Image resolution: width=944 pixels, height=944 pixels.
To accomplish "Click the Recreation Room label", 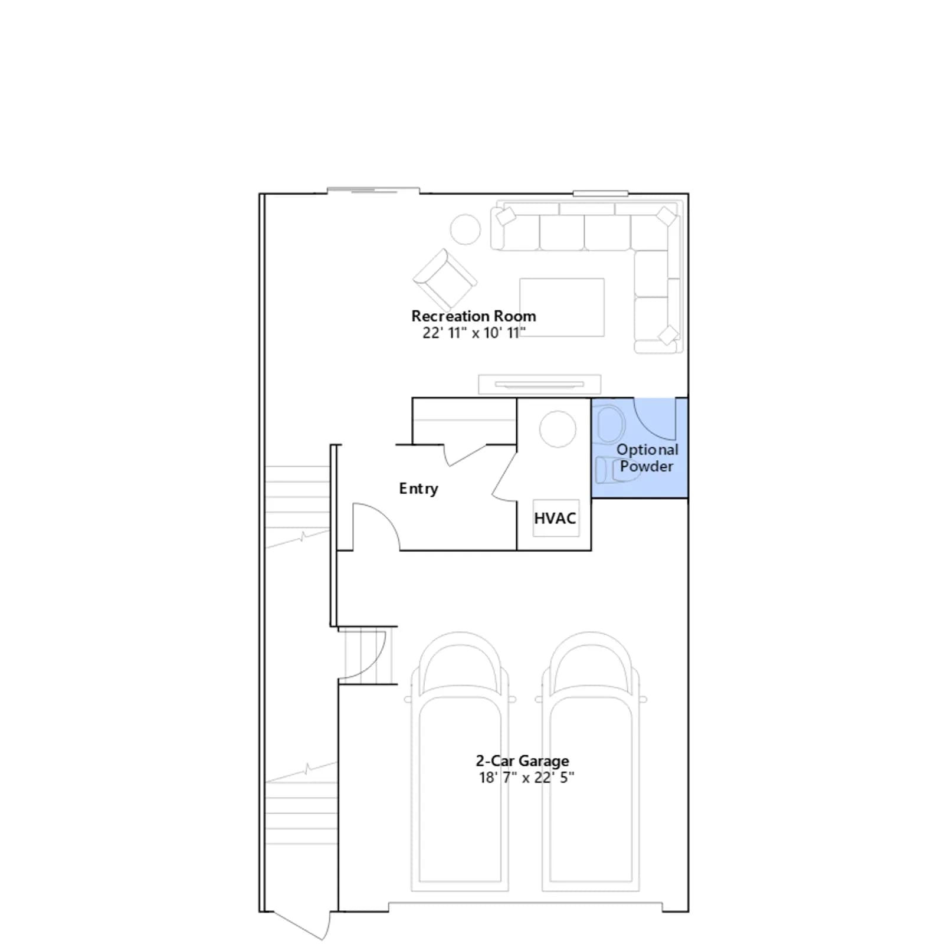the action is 474,316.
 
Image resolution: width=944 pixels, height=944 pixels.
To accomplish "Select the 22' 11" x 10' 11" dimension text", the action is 474,333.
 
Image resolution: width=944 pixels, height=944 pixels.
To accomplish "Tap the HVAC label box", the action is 555,518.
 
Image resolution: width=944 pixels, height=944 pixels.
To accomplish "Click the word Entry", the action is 419,489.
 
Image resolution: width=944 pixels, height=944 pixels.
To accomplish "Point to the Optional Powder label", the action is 647,458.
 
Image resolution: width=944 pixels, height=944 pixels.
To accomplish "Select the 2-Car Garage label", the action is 523,761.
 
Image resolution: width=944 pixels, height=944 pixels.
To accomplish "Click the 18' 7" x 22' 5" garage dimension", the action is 526,778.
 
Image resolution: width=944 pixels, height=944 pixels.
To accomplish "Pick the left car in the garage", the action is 460,761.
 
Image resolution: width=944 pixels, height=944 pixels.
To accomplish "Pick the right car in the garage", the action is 591,761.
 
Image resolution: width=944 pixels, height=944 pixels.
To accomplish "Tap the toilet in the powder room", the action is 609,422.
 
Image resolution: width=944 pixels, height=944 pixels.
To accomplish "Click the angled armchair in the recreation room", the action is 444,278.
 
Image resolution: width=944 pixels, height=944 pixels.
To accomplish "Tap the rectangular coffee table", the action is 562,307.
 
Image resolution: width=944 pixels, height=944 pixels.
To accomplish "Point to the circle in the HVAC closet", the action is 558,429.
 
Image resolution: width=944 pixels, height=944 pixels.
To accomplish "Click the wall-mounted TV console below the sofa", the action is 539,385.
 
